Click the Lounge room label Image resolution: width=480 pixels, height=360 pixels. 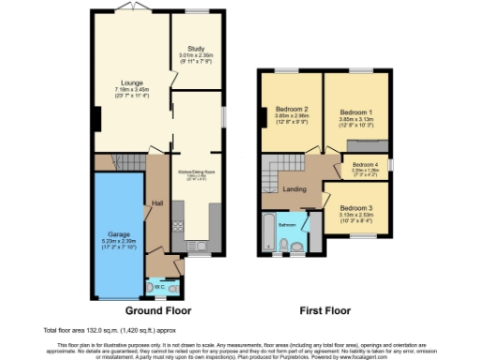130,82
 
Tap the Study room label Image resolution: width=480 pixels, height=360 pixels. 197,47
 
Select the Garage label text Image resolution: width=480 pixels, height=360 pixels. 117,232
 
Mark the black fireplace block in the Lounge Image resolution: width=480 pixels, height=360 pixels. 96,120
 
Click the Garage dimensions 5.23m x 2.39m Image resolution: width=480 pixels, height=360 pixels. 117,242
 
